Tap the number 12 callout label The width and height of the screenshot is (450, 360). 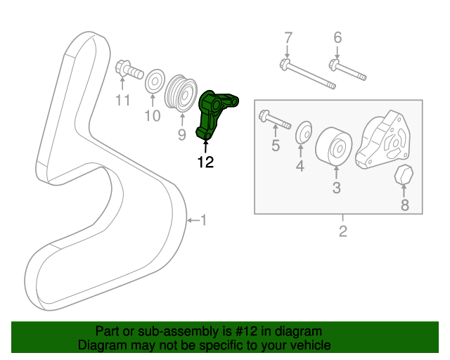pos(205,162)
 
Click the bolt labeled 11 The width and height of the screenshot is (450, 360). pos(127,71)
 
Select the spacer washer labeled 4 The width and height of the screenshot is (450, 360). pos(303,131)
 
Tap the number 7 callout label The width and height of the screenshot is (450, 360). pos(287,38)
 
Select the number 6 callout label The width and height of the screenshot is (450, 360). pos(337,38)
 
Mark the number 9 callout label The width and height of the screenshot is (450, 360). pos(181,134)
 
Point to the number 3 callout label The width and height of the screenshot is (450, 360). pos(337,188)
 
